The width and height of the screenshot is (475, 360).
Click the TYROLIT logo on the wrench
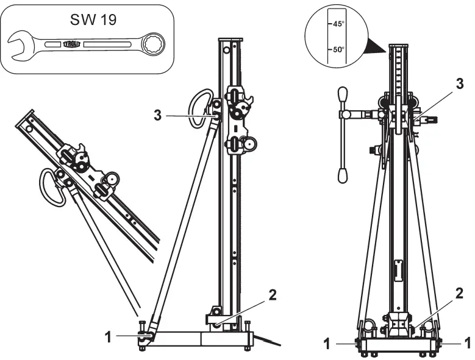pos(71,44)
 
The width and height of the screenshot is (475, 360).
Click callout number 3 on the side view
pos(157,114)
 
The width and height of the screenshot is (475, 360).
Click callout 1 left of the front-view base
pos(326,343)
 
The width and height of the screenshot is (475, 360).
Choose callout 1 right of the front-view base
pos(468,343)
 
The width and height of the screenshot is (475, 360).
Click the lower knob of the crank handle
pos(343,176)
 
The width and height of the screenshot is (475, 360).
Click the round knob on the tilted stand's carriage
pos(112,179)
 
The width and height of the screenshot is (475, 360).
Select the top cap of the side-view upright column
pos(230,40)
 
